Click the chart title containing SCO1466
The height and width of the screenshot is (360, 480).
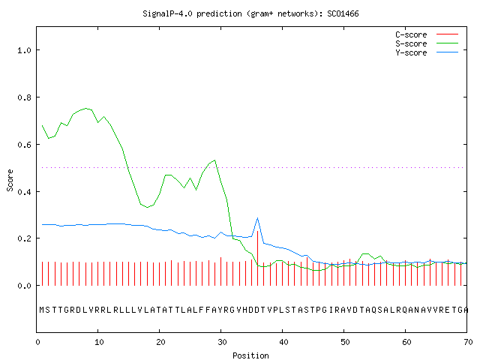point(250,13)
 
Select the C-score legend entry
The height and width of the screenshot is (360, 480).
point(427,34)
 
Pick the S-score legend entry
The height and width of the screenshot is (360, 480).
point(427,43)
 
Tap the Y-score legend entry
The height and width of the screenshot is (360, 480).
point(427,52)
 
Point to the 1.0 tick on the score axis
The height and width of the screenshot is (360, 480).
point(24,50)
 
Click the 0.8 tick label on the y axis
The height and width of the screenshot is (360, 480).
point(24,97)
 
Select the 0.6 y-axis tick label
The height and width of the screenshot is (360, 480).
point(24,145)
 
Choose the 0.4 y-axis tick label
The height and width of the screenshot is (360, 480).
point(24,192)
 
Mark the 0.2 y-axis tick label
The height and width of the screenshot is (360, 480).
point(24,238)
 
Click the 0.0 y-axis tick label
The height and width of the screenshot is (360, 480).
point(24,286)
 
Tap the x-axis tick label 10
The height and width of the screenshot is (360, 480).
point(99,342)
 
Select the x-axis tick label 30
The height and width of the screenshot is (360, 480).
point(222,342)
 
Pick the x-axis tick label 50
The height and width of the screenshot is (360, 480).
point(345,342)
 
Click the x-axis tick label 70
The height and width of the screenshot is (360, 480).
point(468,342)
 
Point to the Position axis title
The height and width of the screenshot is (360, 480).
point(250,355)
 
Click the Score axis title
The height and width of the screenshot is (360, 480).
point(10,180)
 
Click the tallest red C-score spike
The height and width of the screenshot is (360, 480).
point(258,258)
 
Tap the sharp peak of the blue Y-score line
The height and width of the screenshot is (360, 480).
point(258,218)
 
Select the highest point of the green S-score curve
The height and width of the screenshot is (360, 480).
point(85,108)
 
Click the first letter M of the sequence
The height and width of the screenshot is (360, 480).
point(42,310)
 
